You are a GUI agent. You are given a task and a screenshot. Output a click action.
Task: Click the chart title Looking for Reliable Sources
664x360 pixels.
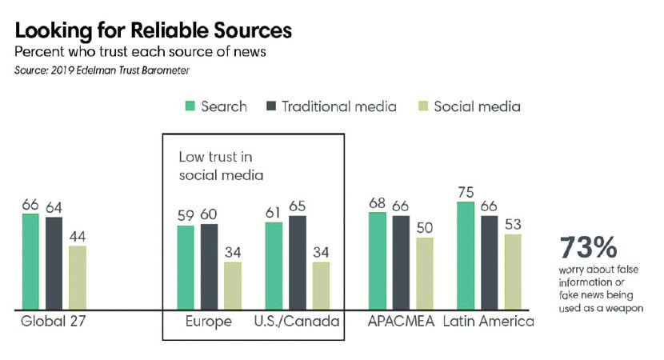pyautogui.click(x=153, y=31)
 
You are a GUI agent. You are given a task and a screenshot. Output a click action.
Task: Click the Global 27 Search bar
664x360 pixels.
pyautogui.click(x=30, y=261)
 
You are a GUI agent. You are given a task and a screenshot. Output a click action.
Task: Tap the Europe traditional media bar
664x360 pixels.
pyautogui.click(x=209, y=266)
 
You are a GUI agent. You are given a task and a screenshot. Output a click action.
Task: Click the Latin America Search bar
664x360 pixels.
pyautogui.click(x=465, y=255)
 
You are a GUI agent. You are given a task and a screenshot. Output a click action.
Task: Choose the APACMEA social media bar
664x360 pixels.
pyautogui.click(x=424, y=273)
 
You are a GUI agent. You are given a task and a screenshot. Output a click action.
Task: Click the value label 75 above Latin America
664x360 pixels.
pyautogui.click(x=465, y=191)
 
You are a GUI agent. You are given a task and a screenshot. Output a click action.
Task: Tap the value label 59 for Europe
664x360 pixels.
pyautogui.click(x=185, y=215)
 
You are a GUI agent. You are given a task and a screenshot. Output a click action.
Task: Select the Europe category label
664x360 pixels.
pyautogui.click(x=210, y=322)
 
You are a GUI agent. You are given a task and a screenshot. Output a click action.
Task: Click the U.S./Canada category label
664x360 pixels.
pyautogui.click(x=297, y=322)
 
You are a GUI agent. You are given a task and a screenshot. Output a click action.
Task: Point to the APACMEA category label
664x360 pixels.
pyautogui.click(x=400, y=322)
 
